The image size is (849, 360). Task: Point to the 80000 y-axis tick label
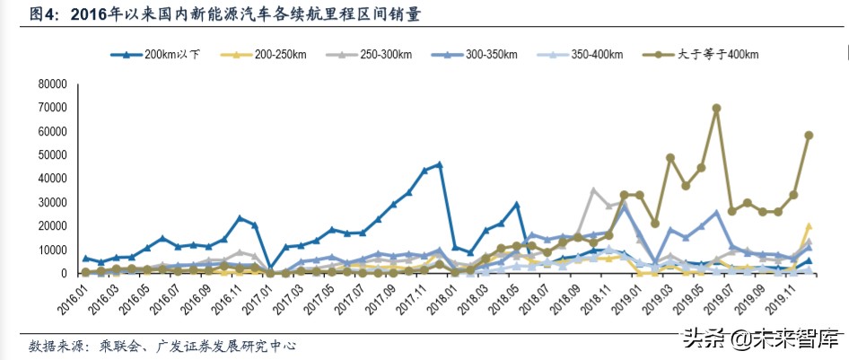(52, 84)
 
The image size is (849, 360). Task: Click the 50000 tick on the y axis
(52, 155)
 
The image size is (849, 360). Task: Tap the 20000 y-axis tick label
(52, 226)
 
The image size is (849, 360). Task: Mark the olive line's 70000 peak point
(716, 109)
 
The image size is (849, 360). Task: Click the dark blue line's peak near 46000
(439, 165)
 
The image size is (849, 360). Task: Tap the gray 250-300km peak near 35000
(593, 190)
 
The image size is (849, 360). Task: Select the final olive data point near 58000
(809, 136)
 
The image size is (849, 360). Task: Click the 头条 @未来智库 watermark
(760, 341)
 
